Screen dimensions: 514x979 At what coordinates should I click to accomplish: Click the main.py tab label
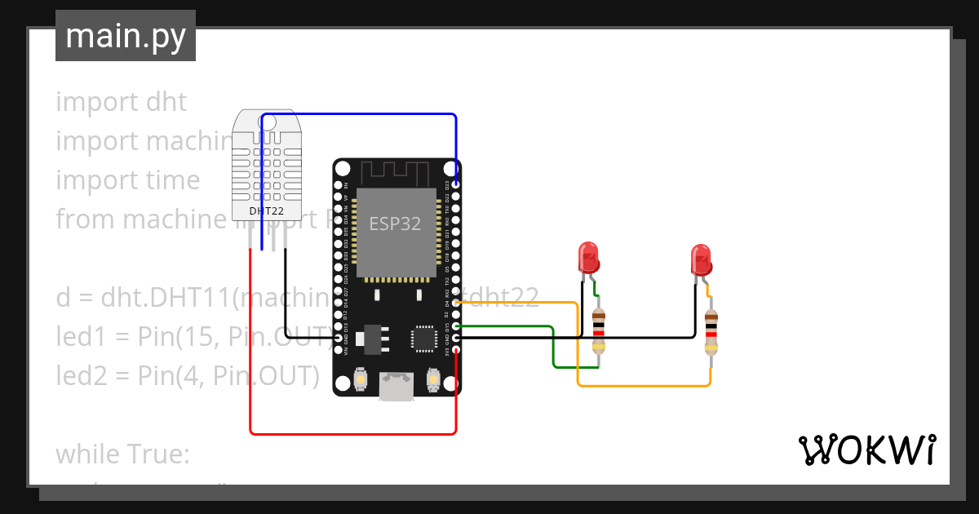click(x=125, y=36)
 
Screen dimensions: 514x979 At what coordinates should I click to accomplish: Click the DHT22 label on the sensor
click(x=267, y=210)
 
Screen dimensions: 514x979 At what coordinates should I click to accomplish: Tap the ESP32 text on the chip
click(x=395, y=224)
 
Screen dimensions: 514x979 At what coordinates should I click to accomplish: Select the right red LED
click(x=701, y=259)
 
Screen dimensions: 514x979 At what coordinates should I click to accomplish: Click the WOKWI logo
click(x=866, y=450)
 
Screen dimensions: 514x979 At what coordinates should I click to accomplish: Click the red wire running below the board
click(x=351, y=433)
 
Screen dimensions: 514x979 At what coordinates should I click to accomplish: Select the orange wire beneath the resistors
click(x=645, y=385)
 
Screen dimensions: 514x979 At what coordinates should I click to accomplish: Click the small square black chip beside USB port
click(x=424, y=338)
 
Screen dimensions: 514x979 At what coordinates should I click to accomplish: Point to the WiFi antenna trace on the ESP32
click(x=396, y=173)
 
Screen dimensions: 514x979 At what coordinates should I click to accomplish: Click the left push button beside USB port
click(x=361, y=380)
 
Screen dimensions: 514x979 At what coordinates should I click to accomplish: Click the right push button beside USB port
click(x=432, y=380)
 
